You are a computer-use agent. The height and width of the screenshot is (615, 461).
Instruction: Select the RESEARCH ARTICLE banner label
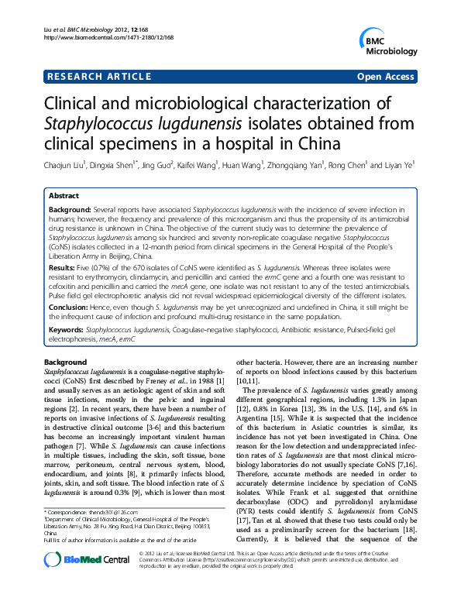[99, 77]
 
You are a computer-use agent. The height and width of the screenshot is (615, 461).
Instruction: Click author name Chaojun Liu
[64, 164]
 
